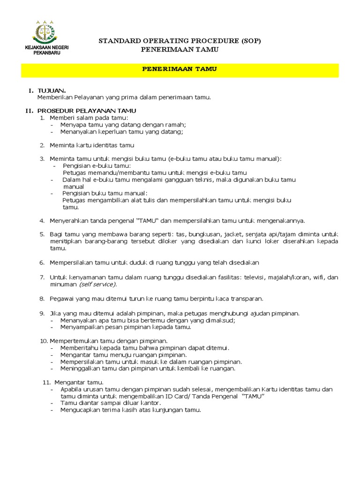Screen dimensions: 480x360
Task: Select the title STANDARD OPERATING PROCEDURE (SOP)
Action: coord(180,41)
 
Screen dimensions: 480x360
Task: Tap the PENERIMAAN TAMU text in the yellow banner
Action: coord(180,69)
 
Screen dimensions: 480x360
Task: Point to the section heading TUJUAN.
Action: coord(52,90)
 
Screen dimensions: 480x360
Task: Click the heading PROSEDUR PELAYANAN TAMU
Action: coord(87,110)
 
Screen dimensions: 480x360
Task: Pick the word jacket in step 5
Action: coord(233,234)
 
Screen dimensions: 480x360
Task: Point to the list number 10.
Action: coord(44,341)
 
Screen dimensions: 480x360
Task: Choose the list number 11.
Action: coord(47,382)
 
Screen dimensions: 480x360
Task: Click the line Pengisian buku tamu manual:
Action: coord(105,193)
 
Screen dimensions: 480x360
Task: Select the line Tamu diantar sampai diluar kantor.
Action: coord(110,403)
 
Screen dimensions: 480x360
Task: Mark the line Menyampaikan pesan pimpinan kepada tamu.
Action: coord(126,327)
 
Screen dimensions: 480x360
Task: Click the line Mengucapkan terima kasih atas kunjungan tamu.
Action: coord(130,410)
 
